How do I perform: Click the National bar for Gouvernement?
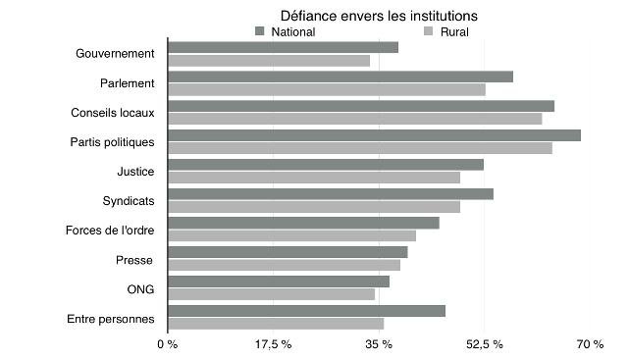tap(283, 47)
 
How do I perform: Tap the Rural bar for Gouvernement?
tap(269, 60)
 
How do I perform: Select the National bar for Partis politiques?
tap(374, 135)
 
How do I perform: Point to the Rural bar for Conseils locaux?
tap(354, 119)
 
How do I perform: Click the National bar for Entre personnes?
tap(306, 311)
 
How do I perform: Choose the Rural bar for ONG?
tap(272, 294)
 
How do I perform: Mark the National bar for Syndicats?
tap(331, 194)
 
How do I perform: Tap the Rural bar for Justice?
tap(314, 178)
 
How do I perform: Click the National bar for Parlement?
tap(340, 77)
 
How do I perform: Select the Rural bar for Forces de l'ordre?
tap(291, 235)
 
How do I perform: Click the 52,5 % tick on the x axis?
tap(484, 344)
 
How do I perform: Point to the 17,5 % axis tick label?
tap(274, 344)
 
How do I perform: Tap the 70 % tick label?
tap(590, 344)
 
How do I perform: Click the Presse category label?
tap(134, 260)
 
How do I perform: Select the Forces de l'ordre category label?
tap(110, 231)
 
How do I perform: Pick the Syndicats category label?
tap(129, 201)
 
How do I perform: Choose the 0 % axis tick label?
tap(168, 344)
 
